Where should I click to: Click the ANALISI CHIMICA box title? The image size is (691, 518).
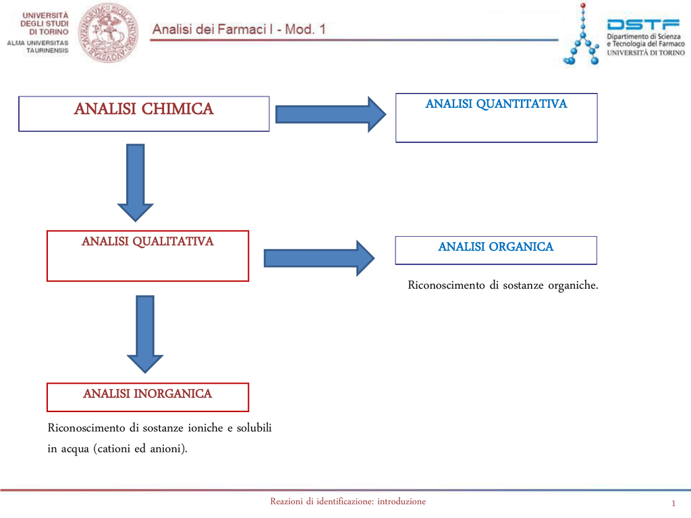(144, 109)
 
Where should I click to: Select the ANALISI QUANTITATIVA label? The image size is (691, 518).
(496, 104)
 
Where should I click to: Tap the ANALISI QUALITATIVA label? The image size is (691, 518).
(148, 241)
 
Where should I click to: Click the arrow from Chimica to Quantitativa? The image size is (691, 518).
(331, 114)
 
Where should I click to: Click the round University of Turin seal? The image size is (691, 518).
(108, 32)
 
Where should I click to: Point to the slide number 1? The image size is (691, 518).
(673, 505)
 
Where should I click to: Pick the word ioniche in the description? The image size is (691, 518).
(206, 428)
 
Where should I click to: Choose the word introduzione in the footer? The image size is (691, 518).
(402, 501)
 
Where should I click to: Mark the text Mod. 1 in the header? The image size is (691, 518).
(305, 30)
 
